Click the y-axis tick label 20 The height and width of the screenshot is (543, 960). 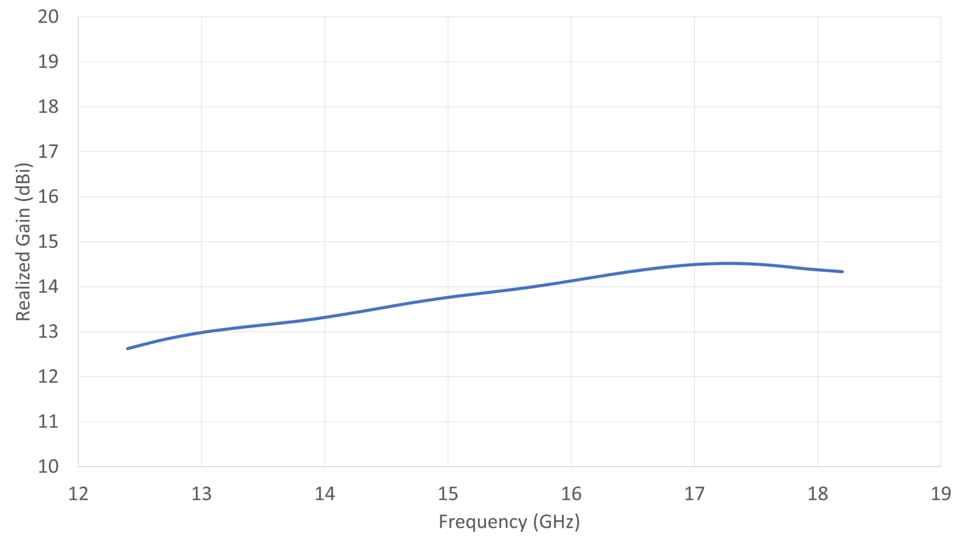(x=48, y=17)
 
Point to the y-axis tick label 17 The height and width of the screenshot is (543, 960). (x=48, y=151)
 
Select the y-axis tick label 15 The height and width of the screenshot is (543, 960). (x=48, y=242)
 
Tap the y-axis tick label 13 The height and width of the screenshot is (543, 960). (x=48, y=332)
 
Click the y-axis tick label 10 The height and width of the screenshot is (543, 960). (x=48, y=466)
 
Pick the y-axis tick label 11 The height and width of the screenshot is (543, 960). (x=48, y=421)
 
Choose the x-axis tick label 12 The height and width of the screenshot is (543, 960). (x=78, y=494)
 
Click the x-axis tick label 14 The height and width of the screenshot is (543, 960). (x=325, y=494)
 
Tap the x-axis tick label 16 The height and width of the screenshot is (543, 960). (x=571, y=494)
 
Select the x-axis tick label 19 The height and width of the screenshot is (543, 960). (x=941, y=494)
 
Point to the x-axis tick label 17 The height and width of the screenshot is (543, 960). (x=694, y=494)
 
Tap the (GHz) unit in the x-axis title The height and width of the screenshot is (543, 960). (x=556, y=521)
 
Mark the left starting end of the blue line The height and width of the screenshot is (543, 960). (x=127, y=348)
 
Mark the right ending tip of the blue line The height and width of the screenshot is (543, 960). (x=842, y=271)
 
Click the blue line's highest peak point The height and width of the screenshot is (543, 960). (x=728, y=263)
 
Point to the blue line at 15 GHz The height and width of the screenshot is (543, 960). (x=448, y=297)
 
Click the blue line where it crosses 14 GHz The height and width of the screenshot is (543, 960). (x=325, y=317)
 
